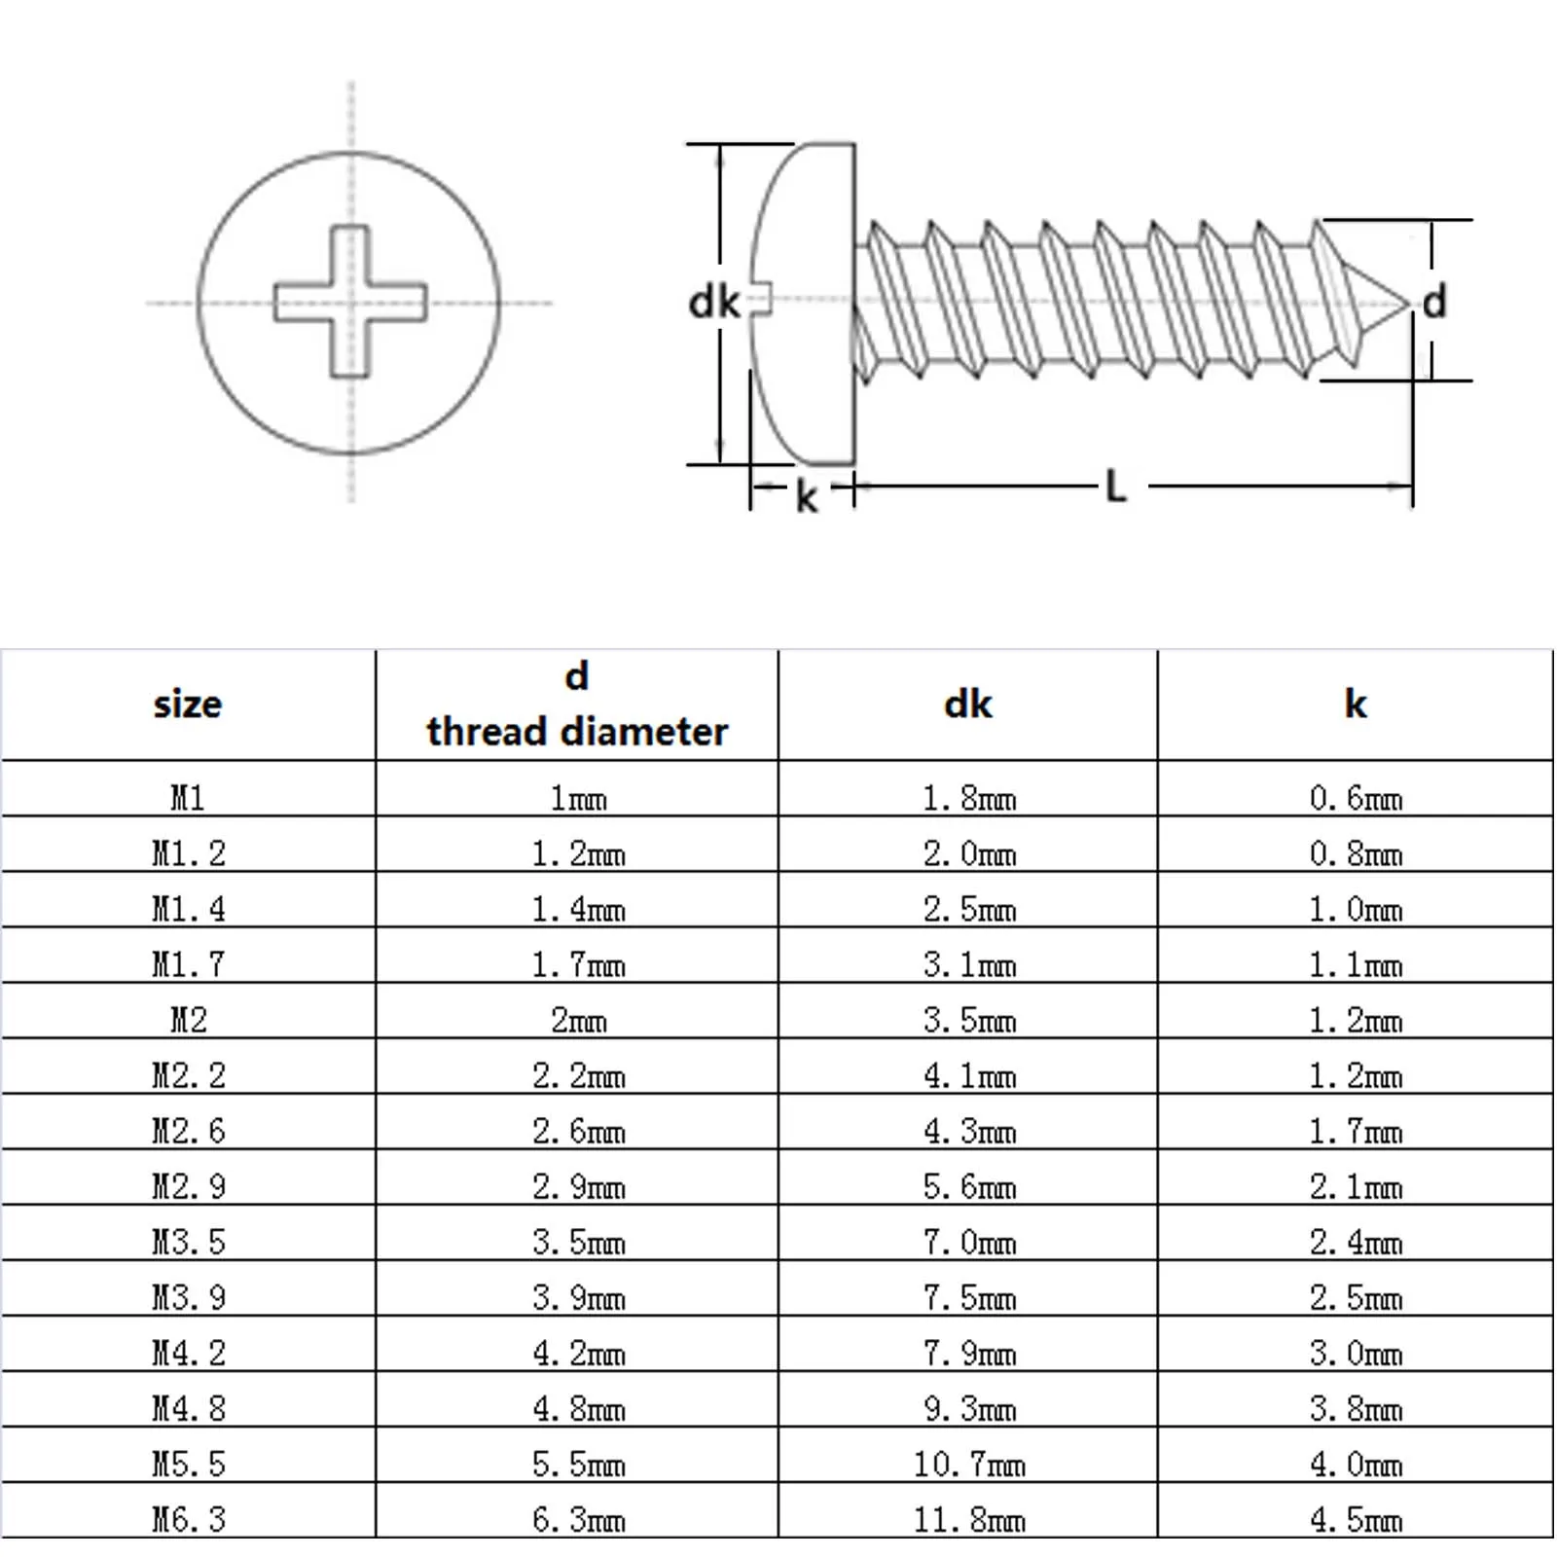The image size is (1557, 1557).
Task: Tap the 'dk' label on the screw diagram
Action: [x=713, y=303]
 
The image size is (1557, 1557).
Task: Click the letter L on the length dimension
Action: [x=1116, y=486]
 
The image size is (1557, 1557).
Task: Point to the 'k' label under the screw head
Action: [x=806, y=497]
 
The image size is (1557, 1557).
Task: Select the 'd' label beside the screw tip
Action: [x=1434, y=302]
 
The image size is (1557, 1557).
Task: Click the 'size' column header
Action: [x=188, y=704]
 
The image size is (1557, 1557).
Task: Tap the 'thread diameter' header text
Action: [x=577, y=732]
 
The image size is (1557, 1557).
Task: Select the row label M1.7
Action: [x=188, y=964]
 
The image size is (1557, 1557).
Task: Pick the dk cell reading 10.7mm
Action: [x=968, y=1464]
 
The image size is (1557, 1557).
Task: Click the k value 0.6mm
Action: [x=1355, y=799]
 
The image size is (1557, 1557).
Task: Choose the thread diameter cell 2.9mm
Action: [x=578, y=1186]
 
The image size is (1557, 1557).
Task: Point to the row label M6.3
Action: [x=188, y=1519]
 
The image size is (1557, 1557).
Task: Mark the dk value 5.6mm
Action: [x=968, y=1186]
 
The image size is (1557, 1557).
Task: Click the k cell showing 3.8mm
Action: [x=1355, y=1408]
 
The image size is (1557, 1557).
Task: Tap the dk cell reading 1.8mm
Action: [x=968, y=799]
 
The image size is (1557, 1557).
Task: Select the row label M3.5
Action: [x=188, y=1242]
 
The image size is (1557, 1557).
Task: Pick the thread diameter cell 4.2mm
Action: [x=578, y=1353]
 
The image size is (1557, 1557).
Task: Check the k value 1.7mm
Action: [x=1355, y=1131]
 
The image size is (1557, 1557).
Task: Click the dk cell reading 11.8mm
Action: [x=968, y=1519]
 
